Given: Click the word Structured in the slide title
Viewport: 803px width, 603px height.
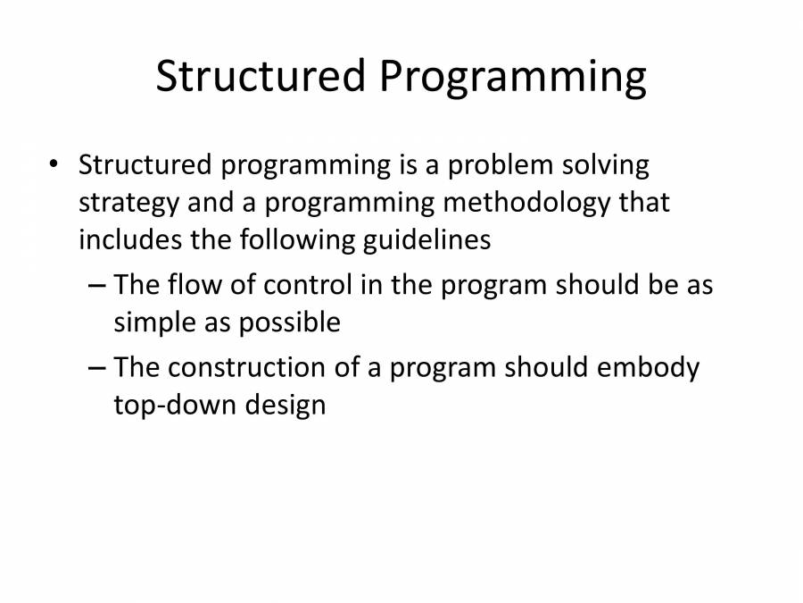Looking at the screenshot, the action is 261,75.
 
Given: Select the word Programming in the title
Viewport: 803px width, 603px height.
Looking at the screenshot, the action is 513,78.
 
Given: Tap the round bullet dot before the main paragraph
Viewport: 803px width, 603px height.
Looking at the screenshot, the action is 54,164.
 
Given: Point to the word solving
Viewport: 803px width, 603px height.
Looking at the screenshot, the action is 606,166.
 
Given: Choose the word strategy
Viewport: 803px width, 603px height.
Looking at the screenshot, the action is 128,204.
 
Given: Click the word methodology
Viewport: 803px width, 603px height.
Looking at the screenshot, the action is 527,203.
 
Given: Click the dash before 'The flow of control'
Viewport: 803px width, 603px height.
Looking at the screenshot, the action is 97,285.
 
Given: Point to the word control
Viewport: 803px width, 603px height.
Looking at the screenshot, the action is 307,285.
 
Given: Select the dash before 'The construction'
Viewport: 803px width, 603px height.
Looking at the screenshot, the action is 97,368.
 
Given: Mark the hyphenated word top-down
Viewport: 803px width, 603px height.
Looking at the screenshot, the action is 174,406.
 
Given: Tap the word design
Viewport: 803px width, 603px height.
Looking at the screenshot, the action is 286,406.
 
